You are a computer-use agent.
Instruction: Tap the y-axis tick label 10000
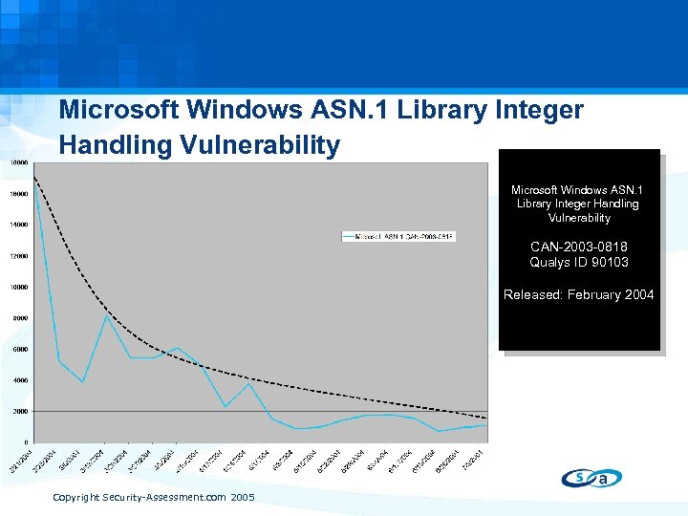tap(18, 287)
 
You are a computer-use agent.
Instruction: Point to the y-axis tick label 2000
tap(20, 411)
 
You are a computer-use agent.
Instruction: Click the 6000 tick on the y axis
tap(20, 349)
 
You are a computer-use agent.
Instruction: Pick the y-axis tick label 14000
tap(18, 225)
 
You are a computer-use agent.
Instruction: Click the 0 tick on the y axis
tap(26, 442)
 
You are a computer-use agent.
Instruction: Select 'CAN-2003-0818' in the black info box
tap(579, 247)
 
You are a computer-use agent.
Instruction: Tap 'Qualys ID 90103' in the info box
tap(579, 262)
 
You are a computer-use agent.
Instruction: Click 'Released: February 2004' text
tap(579, 294)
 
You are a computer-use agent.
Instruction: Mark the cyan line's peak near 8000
tap(107, 315)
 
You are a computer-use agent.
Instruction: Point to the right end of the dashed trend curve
tap(486, 419)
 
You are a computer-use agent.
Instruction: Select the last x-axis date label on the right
tap(478, 461)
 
